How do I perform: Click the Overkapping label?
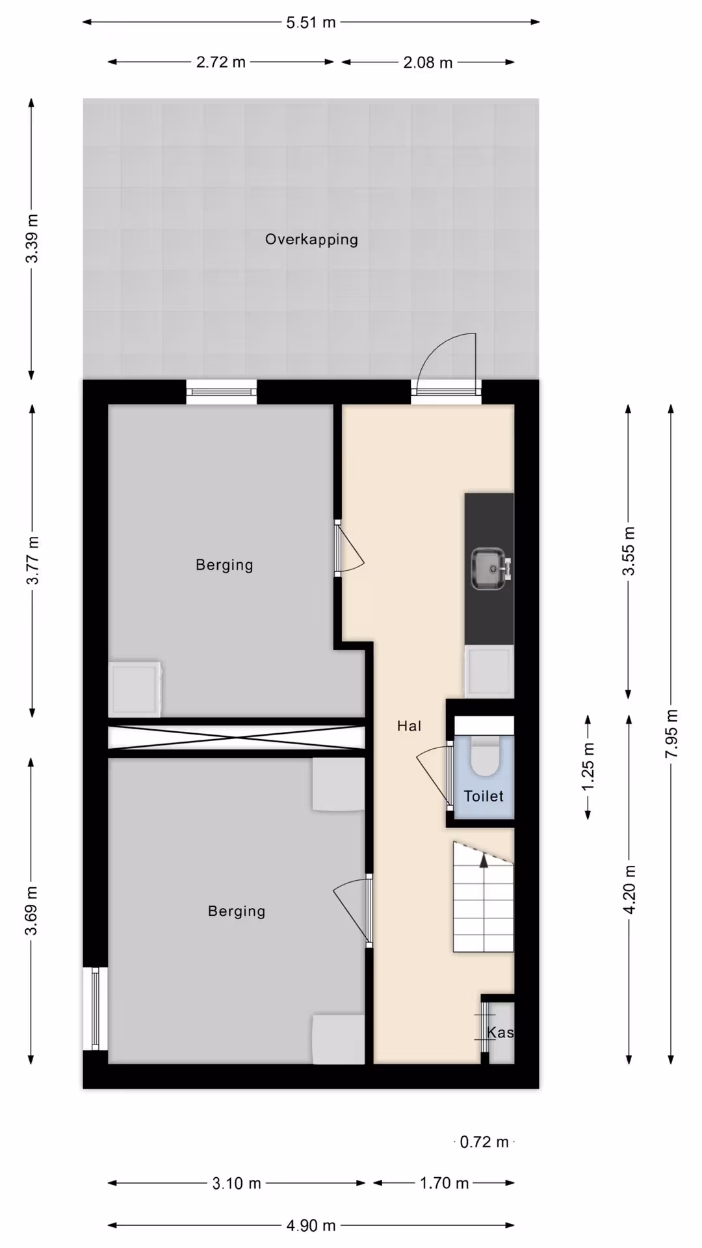(311, 239)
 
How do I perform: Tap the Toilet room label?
(484, 796)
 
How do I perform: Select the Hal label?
(409, 726)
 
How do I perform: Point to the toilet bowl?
(484, 755)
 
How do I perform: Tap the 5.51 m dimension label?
(311, 23)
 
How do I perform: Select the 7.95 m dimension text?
(671, 733)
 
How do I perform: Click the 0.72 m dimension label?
(484, 1142)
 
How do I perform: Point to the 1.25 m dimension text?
(588, 767)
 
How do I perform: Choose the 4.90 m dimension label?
(311, 1225)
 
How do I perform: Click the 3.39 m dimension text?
(32, 239)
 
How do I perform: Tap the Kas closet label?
(500, 1032)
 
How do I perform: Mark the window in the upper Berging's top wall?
(222, 392)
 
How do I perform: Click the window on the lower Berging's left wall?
(95, 1008)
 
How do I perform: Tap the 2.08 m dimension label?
(428, 62)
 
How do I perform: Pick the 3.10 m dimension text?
(237, 1183)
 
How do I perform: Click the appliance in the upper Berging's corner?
(135, 689)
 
